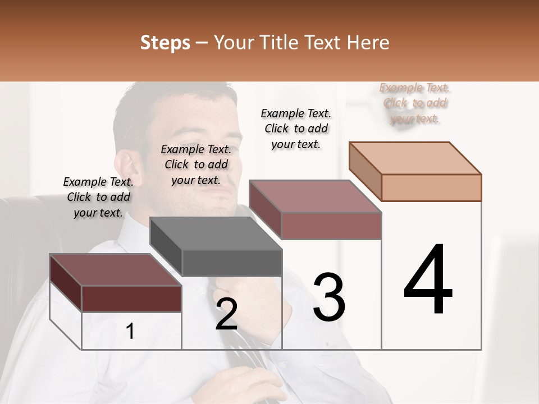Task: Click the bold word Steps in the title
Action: click(x=165, y=43)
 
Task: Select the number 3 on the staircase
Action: click(x=329, y=298)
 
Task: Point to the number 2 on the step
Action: click(x=226, y=315)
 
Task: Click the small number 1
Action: click(x=130, y=332)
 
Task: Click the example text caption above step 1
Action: click(x=98, y=197)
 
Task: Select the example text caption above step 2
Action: click(x=196, y=164)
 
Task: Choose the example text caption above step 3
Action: click(x=296, y=128)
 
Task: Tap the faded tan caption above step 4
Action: click(x=414, y=103)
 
